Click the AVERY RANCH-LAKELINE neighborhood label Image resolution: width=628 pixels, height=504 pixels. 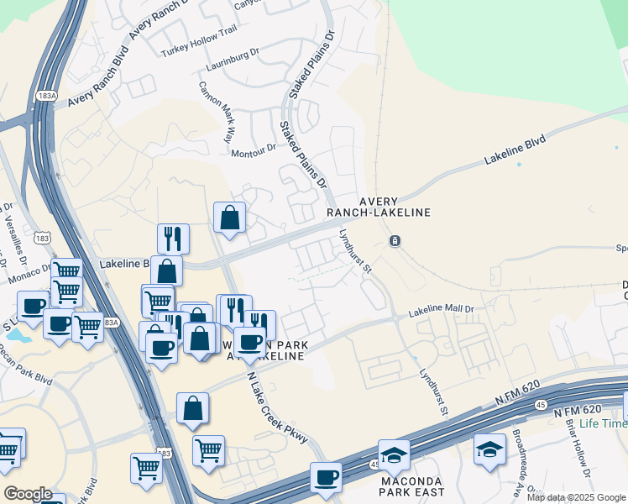tap(395, 207)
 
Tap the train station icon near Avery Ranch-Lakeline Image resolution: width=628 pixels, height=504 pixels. tap(395, 241)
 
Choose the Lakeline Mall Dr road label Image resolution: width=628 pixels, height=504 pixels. tap(442, 311)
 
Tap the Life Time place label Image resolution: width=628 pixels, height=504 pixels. tap(602, 423)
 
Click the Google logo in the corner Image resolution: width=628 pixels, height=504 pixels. tap(28, 493)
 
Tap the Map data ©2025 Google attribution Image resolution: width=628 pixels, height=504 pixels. tap(575, 497)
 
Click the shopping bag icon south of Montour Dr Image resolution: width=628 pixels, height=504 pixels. tap(229, 218)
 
